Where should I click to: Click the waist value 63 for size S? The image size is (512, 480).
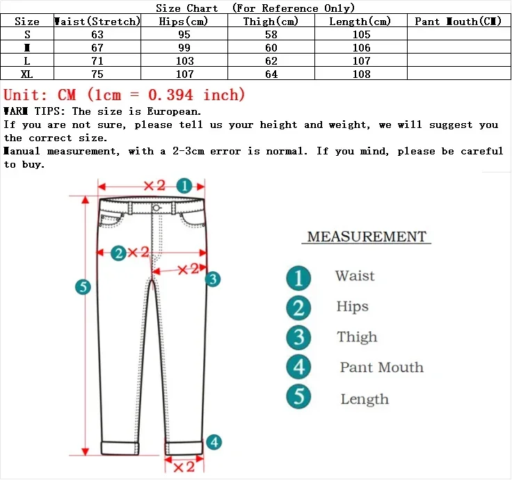pos(97,35)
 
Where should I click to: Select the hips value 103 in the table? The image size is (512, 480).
pos(185,61)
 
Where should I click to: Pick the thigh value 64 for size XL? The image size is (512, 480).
pos(271,74)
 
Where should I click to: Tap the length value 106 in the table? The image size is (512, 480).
pos(362,48)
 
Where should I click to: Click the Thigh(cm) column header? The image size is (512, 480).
pos(271,22)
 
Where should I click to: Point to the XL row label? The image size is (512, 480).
pos(27,74)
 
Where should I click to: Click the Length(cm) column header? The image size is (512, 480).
pos(361,22)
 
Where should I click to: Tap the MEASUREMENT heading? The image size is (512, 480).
pos(367,237)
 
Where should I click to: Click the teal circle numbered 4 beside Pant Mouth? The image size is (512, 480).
pos(298,367)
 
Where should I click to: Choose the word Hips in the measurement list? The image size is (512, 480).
pos(352,307)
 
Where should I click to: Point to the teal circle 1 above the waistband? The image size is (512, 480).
pos(184,186)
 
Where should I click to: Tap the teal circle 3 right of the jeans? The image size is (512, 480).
pos(213,279)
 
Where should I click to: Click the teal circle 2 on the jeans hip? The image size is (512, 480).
pos(118,253)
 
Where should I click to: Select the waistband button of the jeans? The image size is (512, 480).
pos(157,207)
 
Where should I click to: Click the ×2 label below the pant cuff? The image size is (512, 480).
pos(183,466)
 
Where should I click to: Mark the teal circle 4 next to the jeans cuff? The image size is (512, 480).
pos(214,441)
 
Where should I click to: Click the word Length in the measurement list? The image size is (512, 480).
pos(365,399)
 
